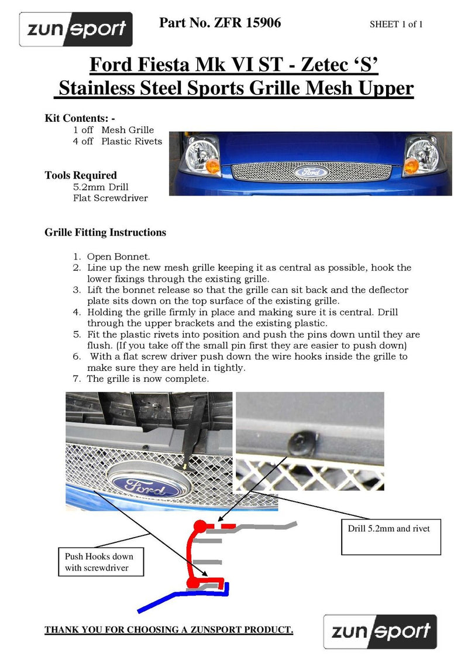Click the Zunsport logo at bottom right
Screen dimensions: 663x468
pyautogui.click(x=380, y=631)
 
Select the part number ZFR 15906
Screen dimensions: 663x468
pyautogui.click(x=220, y=23)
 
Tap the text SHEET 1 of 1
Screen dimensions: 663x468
pyautogui.click(x=396, y=25)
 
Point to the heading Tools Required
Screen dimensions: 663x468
pyautogui.click(x=81, y=175)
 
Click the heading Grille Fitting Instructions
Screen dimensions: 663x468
pyautogui.click(x=105, y=233)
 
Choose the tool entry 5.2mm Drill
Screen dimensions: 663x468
pyautogui.click(x=101, y=187)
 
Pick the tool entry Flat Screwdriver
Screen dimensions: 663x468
pyautogui.click(x=111, y=198)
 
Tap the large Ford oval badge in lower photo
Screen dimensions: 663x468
pyautogui.click(x=147, y=484)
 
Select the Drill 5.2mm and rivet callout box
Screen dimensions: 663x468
pyautogui.click(x=391, y=536)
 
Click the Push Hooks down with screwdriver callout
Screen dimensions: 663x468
pyautogui.click(x=101, y=562)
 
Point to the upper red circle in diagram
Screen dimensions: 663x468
pyautogui.click(x=199, y=525)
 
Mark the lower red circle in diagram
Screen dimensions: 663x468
pyautogui.click(x=192, y=583)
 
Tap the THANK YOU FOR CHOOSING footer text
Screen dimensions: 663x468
pyautogui.click(x=169, y=630)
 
